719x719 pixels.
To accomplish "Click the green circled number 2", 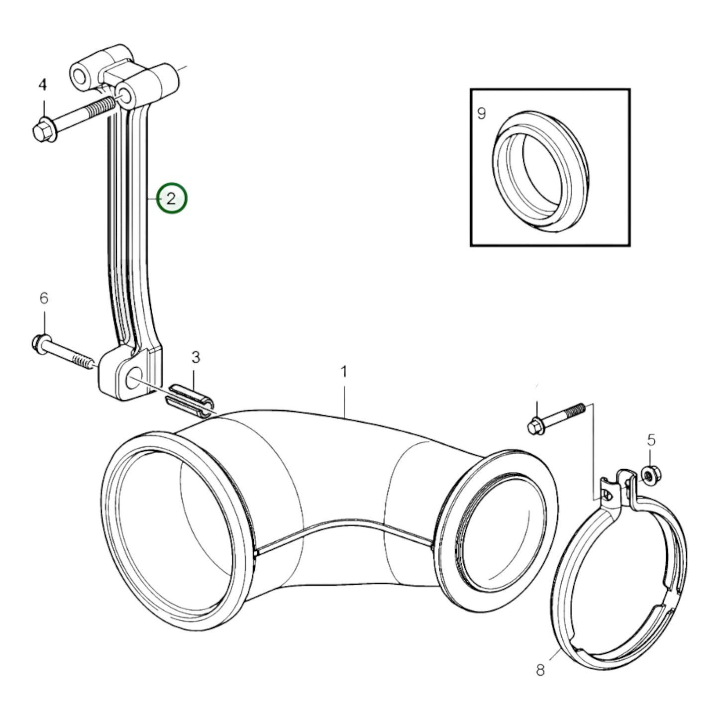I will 172,199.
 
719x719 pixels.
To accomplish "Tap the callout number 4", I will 43,85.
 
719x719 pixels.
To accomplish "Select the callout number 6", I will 44,299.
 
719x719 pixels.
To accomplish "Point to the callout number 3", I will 196,357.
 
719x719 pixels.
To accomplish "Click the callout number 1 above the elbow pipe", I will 343,372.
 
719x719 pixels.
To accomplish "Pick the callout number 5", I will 651,440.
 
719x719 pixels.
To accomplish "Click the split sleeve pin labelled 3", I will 191,398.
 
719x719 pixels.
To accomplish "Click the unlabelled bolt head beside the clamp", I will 535,426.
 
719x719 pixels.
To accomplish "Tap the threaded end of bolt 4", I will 102,107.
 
